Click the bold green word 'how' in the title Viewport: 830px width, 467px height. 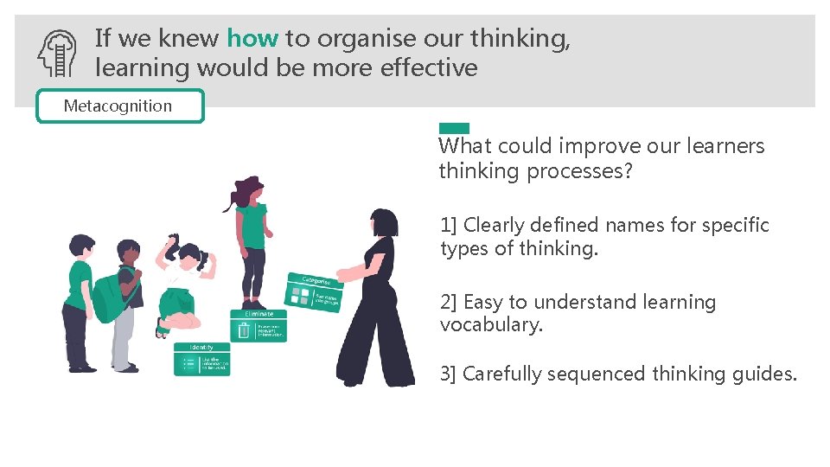tap(252, 38)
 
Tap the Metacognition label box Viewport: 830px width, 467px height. tap(119, 106)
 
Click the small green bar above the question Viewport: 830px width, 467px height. tap(454, 128)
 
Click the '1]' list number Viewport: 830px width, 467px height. tap(449, 226)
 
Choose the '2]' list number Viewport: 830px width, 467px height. tap(449, 303)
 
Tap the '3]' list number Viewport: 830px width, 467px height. tap(449, 374)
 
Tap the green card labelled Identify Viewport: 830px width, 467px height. tap(202, 359)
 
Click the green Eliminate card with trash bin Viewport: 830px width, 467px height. tap(259, 325)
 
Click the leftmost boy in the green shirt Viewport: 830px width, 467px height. tap(79, 303)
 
